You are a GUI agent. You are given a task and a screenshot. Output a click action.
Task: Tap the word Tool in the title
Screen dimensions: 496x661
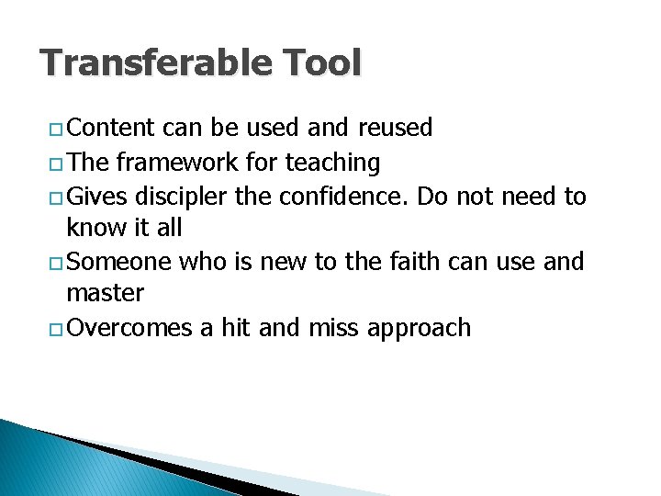pyautogui.click(x=323, y=63)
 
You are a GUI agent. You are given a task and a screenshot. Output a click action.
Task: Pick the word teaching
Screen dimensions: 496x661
pyautogui.click(x=332, y=163)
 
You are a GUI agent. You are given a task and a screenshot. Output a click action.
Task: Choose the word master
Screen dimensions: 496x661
pyautogui.click(x=106, y=294)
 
